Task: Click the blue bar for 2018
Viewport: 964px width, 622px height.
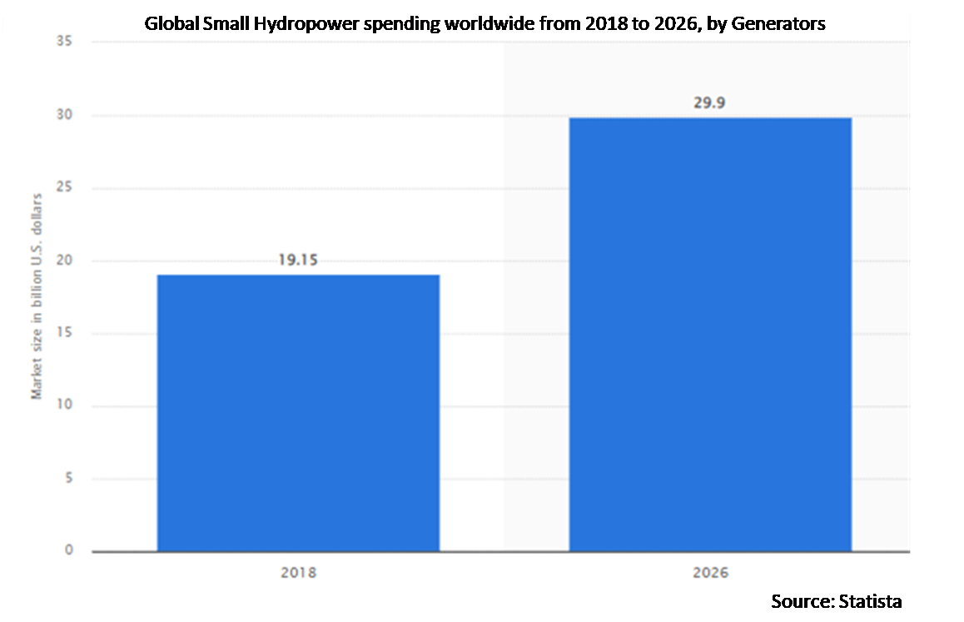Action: point(298,412)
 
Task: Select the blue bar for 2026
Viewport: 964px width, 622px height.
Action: point(710,334)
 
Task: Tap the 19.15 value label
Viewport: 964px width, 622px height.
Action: point(298,260)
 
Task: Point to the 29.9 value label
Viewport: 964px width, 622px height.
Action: point(710,103)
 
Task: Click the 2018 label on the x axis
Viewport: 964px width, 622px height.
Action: point(298,573)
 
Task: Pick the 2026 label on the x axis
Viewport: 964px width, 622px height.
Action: point(710,573)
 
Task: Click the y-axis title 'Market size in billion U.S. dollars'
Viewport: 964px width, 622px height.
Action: point(37,296)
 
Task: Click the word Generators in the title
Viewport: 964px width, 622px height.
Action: point(778,23)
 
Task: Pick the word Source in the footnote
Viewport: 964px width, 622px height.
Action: point(799,601)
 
